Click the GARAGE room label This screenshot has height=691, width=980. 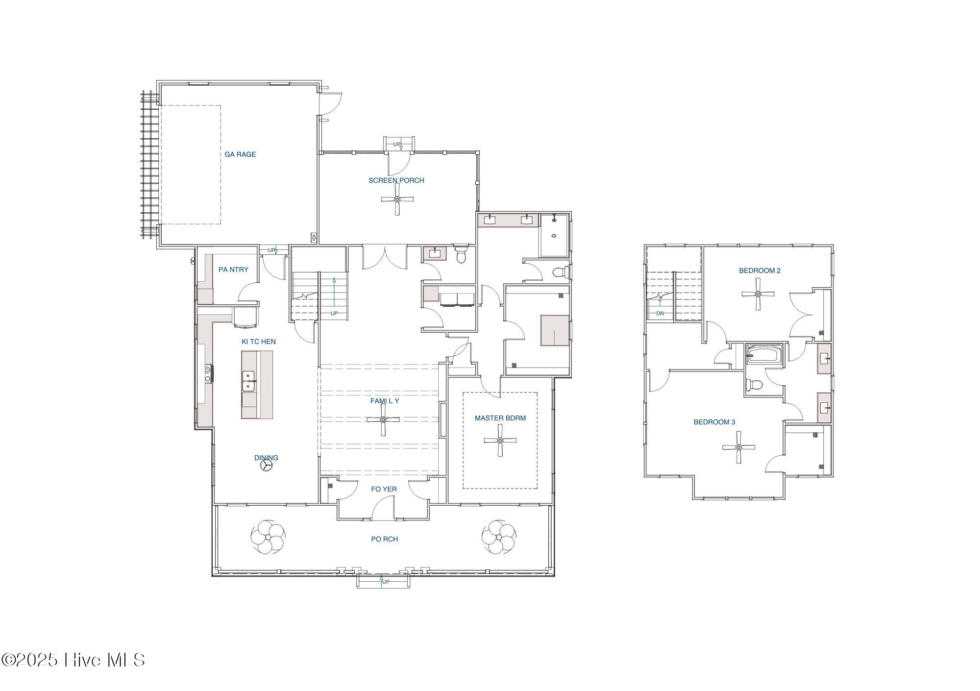click(x=240, y=154)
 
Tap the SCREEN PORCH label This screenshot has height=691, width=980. click(x=396, y=180)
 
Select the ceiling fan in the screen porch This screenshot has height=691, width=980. click(x=397, y=199)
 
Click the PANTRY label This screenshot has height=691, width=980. click(x=233, y=270)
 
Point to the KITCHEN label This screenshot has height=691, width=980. click(x=259, y=342)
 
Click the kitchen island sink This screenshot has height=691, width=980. click(x=249, y=381)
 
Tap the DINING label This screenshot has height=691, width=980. click(x=266, y=458)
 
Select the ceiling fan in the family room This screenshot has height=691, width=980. click(x=383, y=420)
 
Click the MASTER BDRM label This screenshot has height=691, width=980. click(x=500, y=418)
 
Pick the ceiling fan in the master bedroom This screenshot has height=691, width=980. click(x=500, y=441)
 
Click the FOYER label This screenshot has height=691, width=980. click(x=384, y=489)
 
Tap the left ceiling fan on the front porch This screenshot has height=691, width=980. click(x=268, y=537)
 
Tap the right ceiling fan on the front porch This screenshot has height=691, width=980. click(x=499, y=537)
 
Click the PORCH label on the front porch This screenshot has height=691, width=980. click(x=385, y=539)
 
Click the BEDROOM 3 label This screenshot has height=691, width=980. click(x=714, y=422)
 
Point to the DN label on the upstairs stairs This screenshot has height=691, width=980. click(x=660, y=313)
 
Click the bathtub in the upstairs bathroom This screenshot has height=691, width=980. click(x=764, y=353)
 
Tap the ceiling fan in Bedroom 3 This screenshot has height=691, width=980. click(x=738, y=447)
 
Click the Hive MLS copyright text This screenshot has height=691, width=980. click(x=73, y=660)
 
